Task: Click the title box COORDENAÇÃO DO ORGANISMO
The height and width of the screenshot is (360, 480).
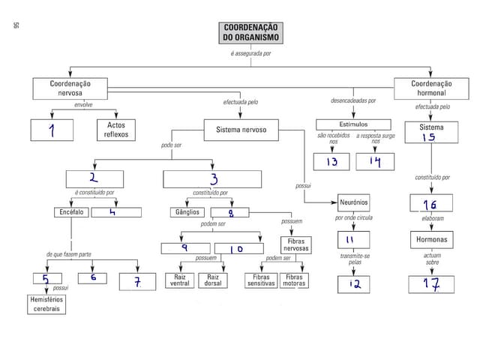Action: click(250, 32)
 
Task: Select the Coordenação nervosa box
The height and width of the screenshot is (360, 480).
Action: click(70, 88)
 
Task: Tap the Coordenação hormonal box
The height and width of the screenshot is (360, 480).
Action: click(431, 88)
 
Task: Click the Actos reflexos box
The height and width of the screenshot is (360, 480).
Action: click(115, 130)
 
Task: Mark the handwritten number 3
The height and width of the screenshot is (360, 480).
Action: click(213, 178)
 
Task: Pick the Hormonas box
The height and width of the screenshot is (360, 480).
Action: click(432, 240)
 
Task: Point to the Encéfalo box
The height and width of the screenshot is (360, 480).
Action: click(71, 212)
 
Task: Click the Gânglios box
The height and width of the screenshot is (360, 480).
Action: click(187, 212)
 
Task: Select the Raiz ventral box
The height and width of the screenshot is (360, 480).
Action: click(180, 280)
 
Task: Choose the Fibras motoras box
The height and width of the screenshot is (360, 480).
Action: click(294, 280)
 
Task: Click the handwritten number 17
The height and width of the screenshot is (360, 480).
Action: click(431, 284)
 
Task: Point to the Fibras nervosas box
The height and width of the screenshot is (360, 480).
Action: click(294, 245)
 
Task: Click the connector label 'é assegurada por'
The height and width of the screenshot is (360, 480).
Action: click(250, 54)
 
